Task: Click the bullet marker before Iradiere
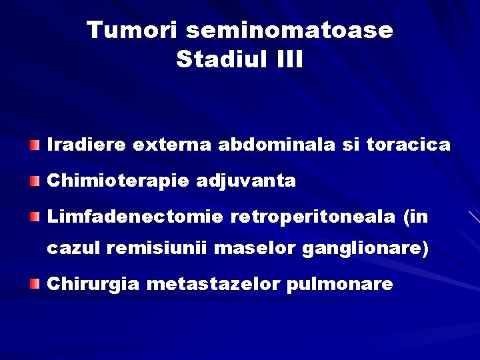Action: click(x=35, y=144)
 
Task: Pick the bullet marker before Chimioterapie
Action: click(x=35, y=180)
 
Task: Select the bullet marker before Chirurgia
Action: click(x=35, y=284)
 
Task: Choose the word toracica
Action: click(x=409, y=145)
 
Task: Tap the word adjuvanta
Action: click(x=246, y=181)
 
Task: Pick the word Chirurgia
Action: click(x=93, y=285)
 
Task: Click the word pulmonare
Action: click(x=339, y=285)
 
